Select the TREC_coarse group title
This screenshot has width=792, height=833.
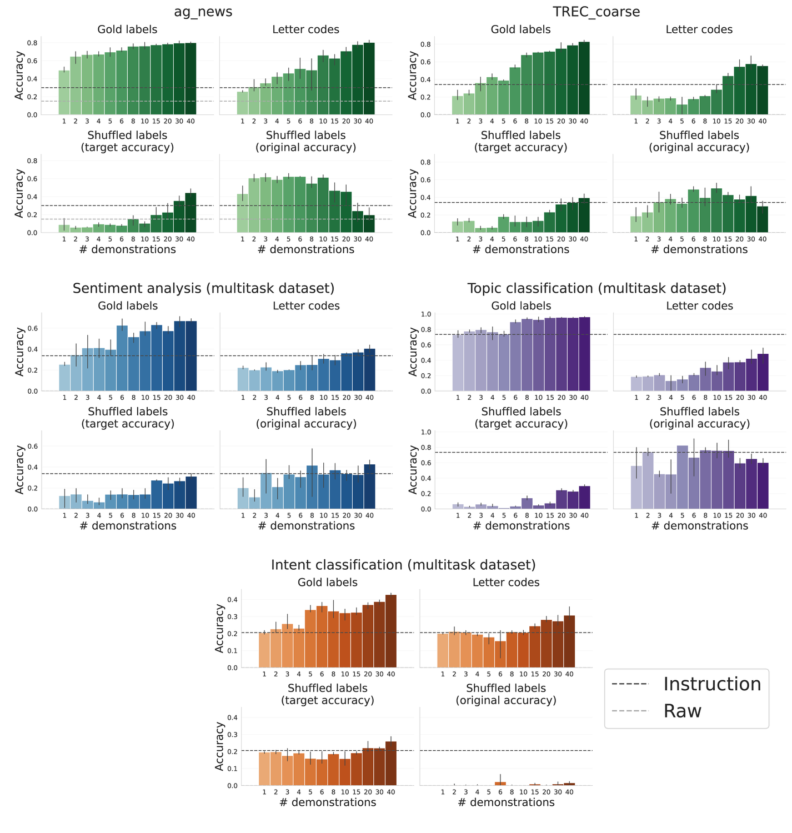[x=596, y=12]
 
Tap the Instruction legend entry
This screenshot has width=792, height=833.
[x=712, y=684]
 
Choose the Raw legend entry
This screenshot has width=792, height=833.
[x=683, y=711]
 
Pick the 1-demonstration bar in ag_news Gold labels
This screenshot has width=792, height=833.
[x=64, y=93]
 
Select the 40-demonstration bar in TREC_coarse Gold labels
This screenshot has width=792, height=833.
[x=584, y=78]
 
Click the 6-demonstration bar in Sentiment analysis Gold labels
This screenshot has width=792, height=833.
[x=122, y=359]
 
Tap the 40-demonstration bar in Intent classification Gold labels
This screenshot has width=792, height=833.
[x=391, y=631]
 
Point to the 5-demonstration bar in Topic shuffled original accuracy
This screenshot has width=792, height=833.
[x=683, y=478]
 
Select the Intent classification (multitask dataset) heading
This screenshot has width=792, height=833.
[x=403, y=565]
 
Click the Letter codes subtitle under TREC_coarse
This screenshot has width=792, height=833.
[x=699, y=29]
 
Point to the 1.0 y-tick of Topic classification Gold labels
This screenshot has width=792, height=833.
[x=442, y=314]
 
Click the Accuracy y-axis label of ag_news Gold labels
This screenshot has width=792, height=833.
[x=19, y=76]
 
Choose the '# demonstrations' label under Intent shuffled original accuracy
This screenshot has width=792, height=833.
[x=506, y=802]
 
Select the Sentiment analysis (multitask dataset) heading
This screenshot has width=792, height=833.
[x=203, y=288]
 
